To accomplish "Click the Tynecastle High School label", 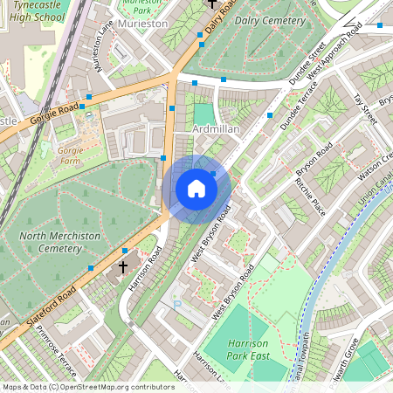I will (x=34, y=10).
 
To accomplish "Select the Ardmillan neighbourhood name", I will (x=216, y=129).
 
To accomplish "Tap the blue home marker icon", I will (x=196, y=189).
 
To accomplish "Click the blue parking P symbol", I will (x=179, y=305).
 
